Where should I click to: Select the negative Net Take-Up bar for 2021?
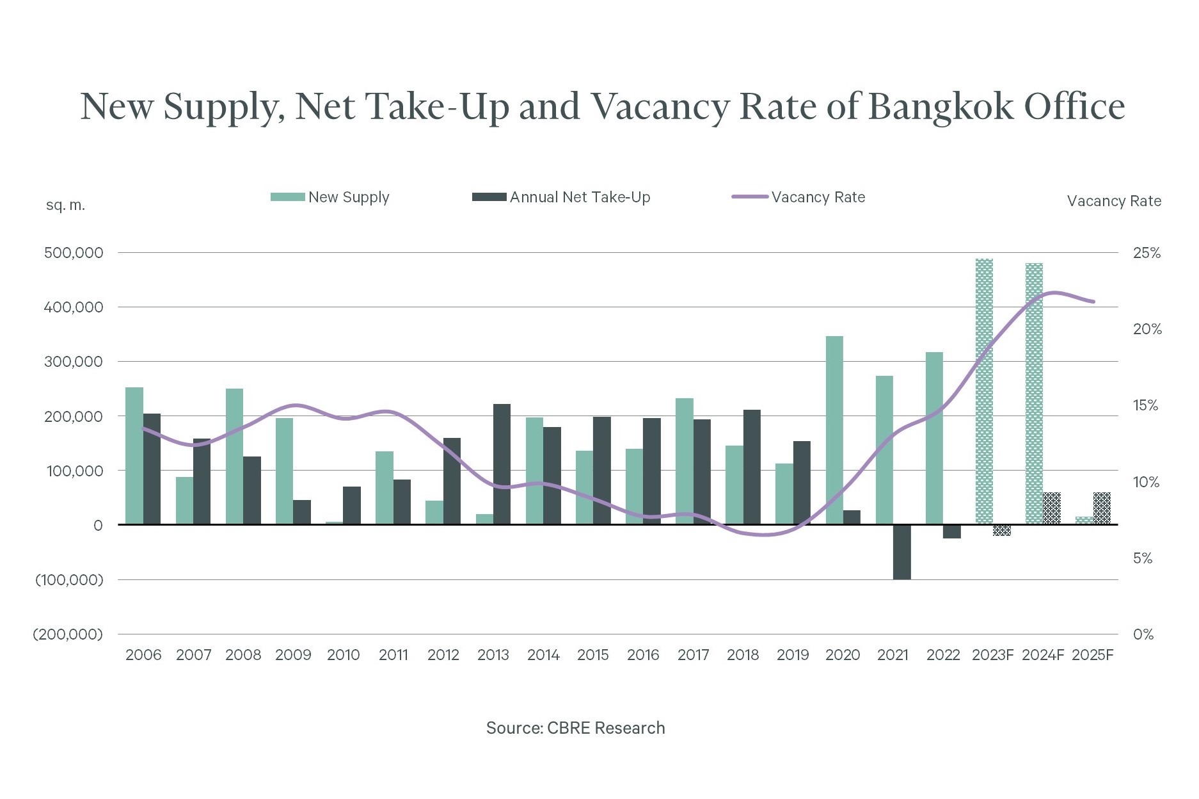[x=901, y=552]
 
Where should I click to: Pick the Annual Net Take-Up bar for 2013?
[x=502, y=464]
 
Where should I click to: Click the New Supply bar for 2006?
[x=134, y=456]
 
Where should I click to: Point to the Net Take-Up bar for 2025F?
[x=1101, y=509]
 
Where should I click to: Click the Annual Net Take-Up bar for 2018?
[x=752, y=467]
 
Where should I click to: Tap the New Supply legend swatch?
[x=287, y=197]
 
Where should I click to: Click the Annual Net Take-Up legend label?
[x=580, y=197]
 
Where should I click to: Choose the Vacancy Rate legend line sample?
[x=750, y=197]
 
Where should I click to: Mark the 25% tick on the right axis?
[x=1147, y=253]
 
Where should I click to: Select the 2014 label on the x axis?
[x=543, y=655]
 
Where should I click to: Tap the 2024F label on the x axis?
[x=1043, y=655]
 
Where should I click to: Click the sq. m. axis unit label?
[x=65, y=206]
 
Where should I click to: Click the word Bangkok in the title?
[x=941, y=106]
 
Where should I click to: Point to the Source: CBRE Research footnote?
[x=575, y=728]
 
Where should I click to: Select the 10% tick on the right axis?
[x=1146, y=482]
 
